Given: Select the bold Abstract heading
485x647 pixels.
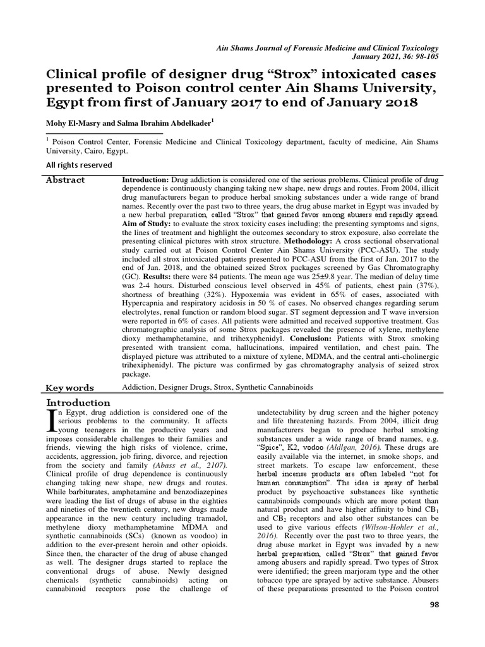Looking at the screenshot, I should coord(65,180).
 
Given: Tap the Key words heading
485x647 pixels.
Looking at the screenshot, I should coord(70,387).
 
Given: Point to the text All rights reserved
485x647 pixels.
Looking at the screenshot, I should coord(79,165).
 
